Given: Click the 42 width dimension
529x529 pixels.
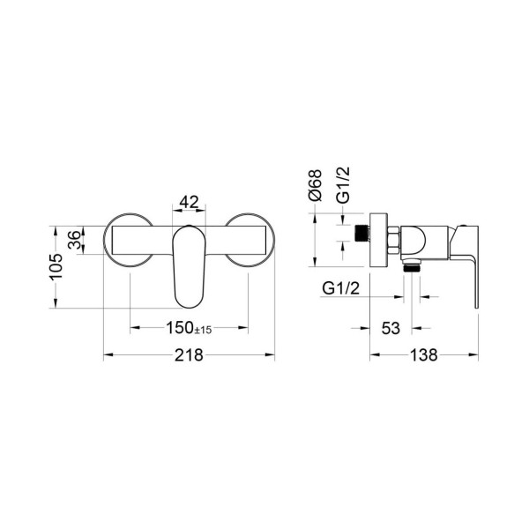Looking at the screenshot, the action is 189,202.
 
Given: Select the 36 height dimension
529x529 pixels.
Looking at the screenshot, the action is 75,240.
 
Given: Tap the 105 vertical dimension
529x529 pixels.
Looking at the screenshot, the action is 56,266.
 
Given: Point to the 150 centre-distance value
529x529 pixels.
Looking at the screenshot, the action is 180,328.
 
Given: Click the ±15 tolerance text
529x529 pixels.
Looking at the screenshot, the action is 204,330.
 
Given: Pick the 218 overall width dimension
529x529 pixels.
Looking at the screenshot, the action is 189,355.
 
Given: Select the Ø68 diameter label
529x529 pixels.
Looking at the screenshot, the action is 316,185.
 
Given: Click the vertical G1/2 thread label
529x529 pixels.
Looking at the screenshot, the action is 344,185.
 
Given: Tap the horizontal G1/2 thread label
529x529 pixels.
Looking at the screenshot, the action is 341,288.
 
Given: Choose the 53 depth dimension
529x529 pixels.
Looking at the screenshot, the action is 391,328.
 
